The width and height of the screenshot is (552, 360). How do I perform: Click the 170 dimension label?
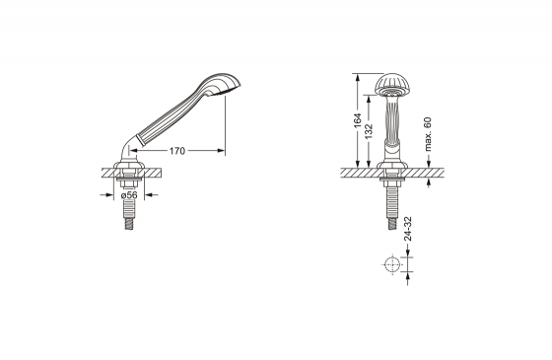[177, 151]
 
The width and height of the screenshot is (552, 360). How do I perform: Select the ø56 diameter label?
[129, 195]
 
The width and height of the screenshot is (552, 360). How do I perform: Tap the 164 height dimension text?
[357, 120]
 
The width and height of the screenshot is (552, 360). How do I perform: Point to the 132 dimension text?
[369, 130]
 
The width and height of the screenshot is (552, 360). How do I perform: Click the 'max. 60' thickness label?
[428, 134]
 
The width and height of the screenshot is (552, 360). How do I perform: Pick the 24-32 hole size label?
[408, 229]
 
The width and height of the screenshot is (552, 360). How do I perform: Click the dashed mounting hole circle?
[392, 265]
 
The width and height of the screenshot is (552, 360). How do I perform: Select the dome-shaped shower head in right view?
[392, 85]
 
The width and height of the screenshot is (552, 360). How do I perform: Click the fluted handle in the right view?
[392, 119]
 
